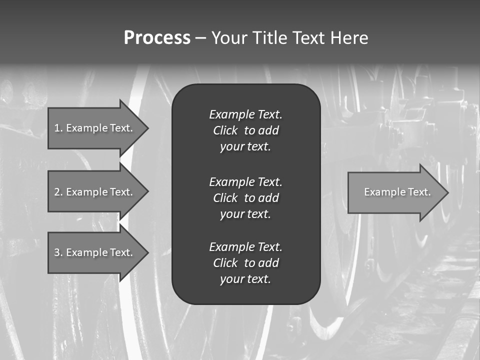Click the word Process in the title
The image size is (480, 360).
click(x=157, y=38)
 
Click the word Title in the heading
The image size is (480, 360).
click(x=270, y=38)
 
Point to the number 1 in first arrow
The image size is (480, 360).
click(x=57, y=128)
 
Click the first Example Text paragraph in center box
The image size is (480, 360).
click(x=245, y=130)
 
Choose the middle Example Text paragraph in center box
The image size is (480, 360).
click(x=245, y=197)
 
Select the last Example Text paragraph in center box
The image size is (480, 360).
click(x=245, y=263)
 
